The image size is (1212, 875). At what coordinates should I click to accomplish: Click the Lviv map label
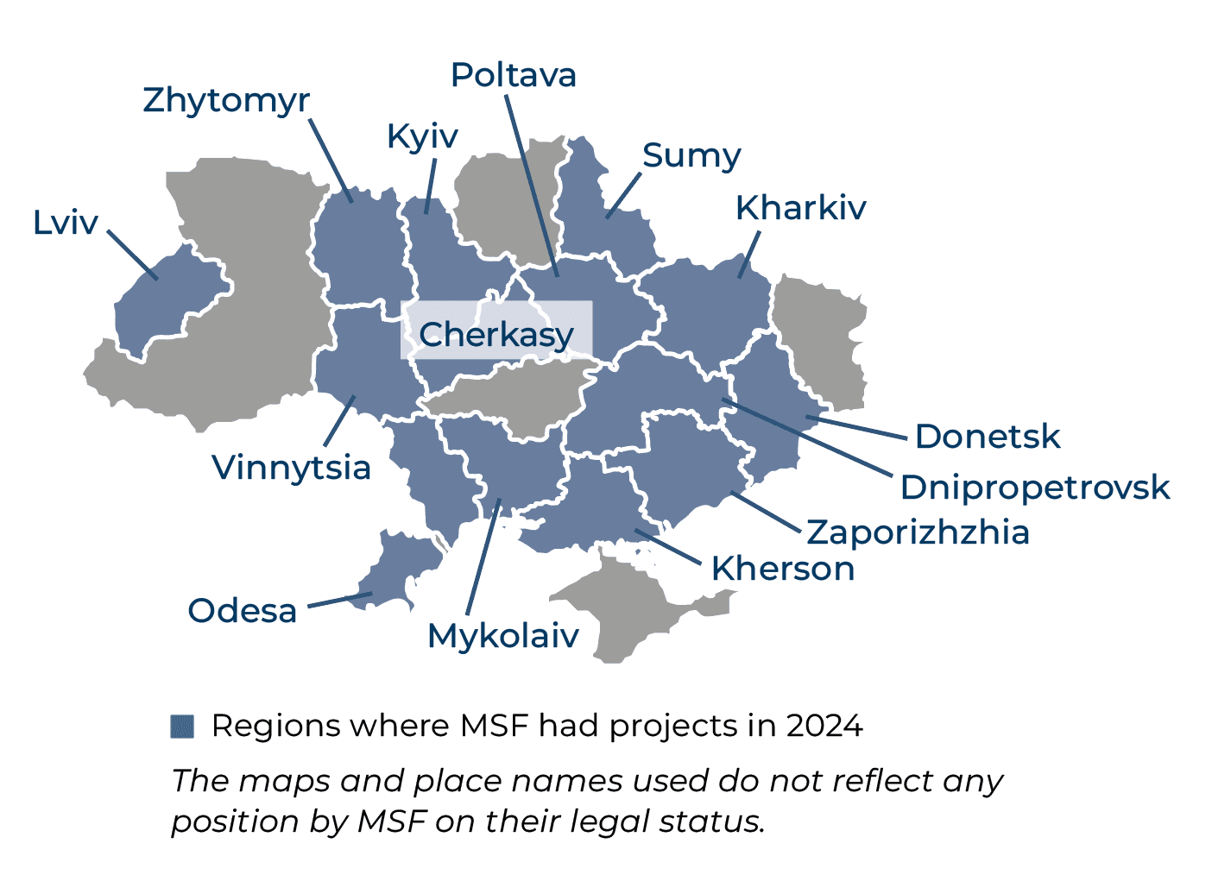pyautogui.click(x=66, y=223)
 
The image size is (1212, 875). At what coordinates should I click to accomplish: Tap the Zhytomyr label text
pyautogui.click(x=226, y=100)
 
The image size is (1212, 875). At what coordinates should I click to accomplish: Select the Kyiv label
pyautogui.click(x=422, y=136)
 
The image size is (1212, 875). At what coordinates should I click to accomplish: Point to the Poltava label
pyautogui.click(x=514, y=75)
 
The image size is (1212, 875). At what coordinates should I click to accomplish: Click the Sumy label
pyautogui.click(x=691, y=156)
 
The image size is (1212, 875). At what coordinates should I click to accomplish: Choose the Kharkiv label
pyautogui.click(x=800, y=208)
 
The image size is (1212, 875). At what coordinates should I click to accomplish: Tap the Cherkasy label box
pyautogui.click(x=496, y=334)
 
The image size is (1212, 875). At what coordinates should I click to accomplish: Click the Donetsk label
pyautogui.click(x=987, y=437)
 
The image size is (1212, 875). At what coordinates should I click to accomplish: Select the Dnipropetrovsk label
pyautogui.click(x=1034, y=488)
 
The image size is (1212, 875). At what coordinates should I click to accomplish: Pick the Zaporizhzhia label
pyautogui.click(x=918, y=532)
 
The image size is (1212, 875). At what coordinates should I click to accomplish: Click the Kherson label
pyautogui.click(x=783, y=569)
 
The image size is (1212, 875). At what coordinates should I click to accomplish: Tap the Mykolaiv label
pyautogui.click(x=503, y=636)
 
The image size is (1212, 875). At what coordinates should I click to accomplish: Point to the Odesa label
pyautogui.click(x=243, y=611)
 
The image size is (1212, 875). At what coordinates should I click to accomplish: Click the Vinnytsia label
pyautogui.click(x=292, y=468)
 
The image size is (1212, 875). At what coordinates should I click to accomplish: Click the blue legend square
pyautogui.click(x=182, y=727)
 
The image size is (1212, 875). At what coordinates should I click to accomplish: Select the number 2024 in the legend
pyautogui.click(x=824, y=727)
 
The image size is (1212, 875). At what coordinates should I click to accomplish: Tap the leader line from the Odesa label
pyautogui.click(x=339, y=600)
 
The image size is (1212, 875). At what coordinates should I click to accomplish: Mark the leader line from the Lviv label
pyautogui.click(x=132, y=255)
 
